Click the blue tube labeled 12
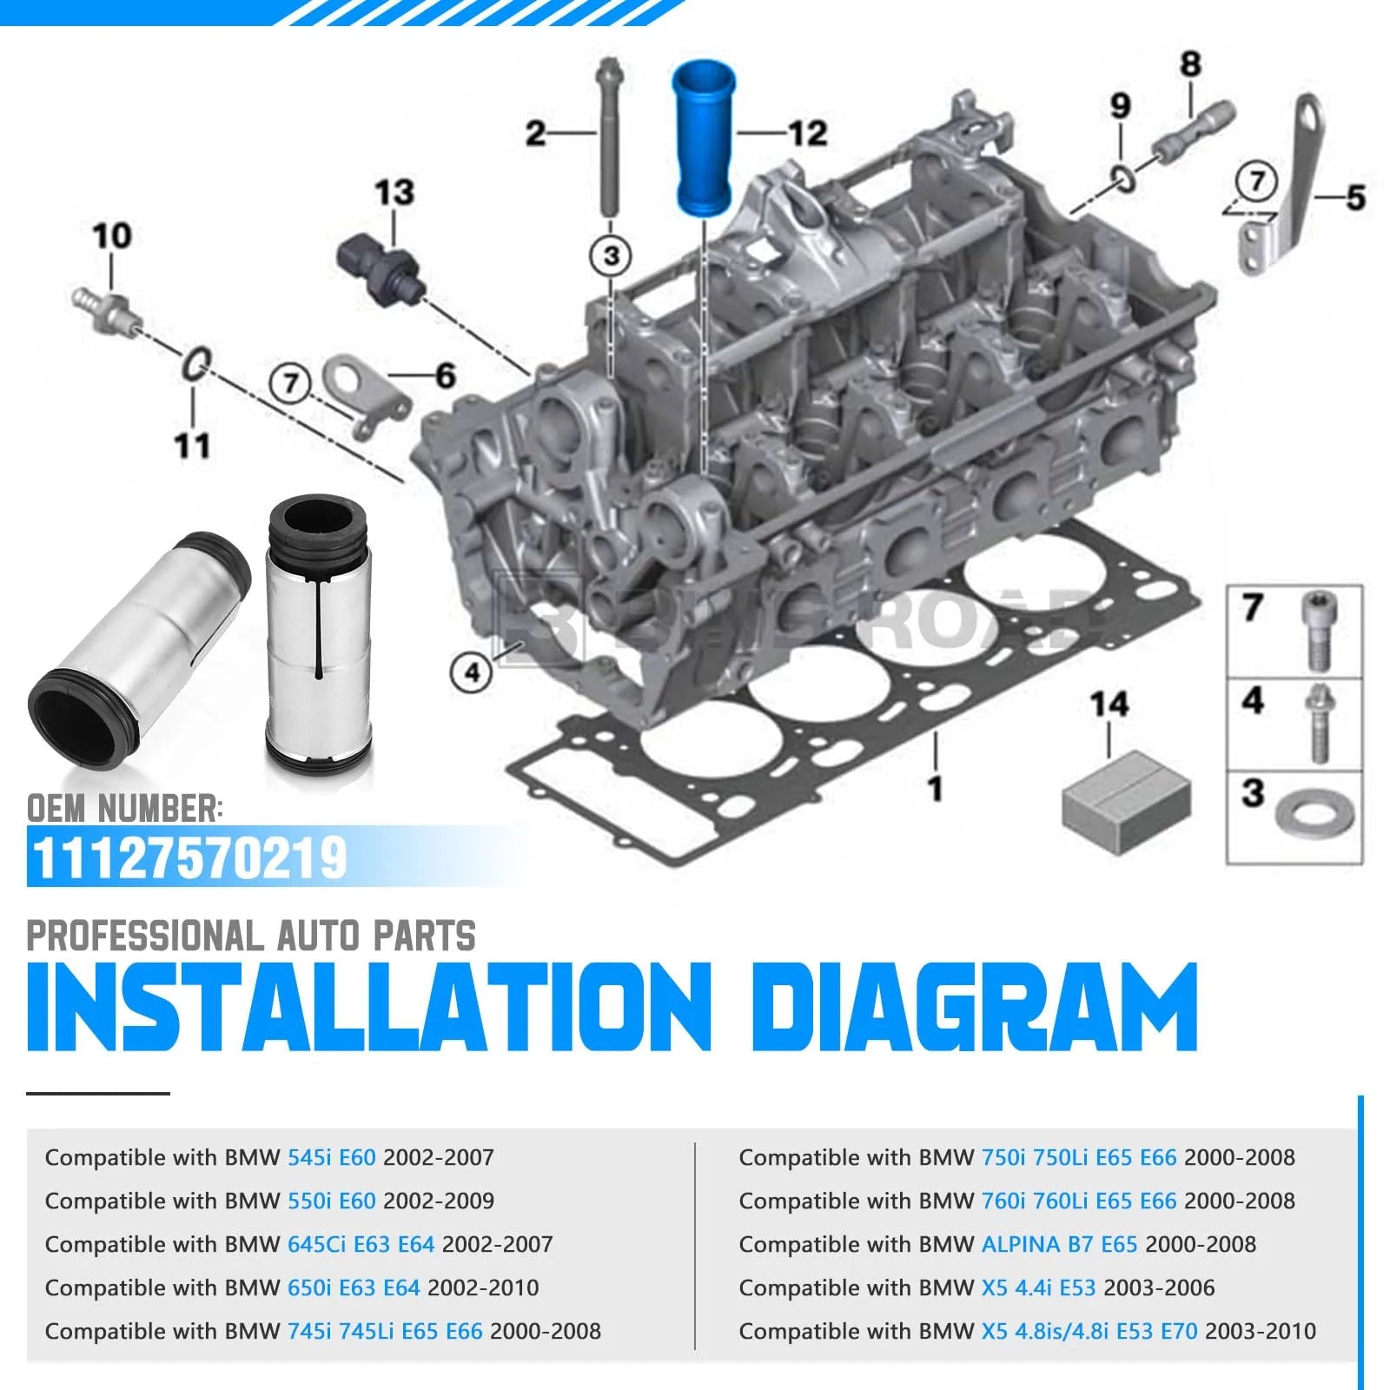click(x=704, y=137)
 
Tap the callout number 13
click(x=394, y=192)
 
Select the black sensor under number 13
click(x=381, y=269)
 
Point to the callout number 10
click(x=112, y=235)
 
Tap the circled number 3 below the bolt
click(x=612, y=255)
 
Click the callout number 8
click(x=1190, y=63)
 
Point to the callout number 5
click(x=1355, y=197)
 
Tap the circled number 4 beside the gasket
click(x=472, y=672)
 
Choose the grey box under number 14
click(x=1126, y=801)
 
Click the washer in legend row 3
click(x=1314, y=816)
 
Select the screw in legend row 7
click(x=1318, y=631)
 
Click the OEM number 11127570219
click(x=189, y=858)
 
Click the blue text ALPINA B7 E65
click(x=1059, y=1244)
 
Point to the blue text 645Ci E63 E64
click(x=361, y=1244)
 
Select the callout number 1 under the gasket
click(x=935, y=788)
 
